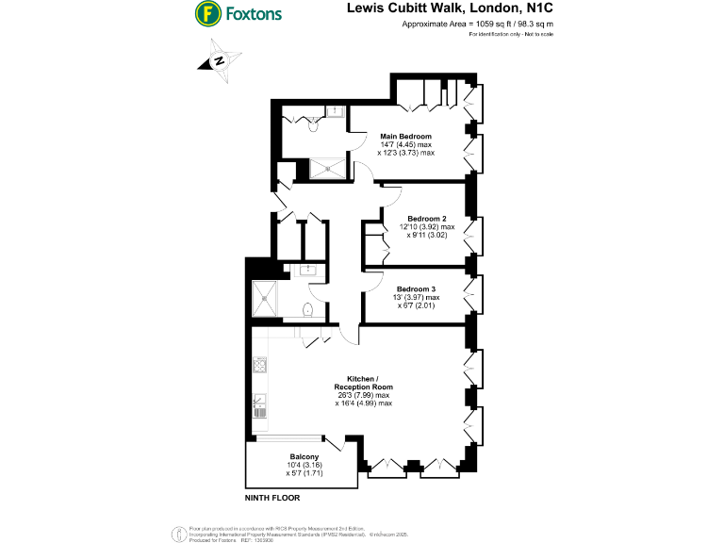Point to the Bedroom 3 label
[416, 288]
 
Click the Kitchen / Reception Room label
[363, 382]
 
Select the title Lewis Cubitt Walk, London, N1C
[452, 8]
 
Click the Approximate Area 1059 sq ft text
[478, 24]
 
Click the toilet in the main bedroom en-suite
[293, 121]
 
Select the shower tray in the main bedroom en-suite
[330, 169]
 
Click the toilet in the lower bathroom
[309, 310]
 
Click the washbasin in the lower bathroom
[307, 271]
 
